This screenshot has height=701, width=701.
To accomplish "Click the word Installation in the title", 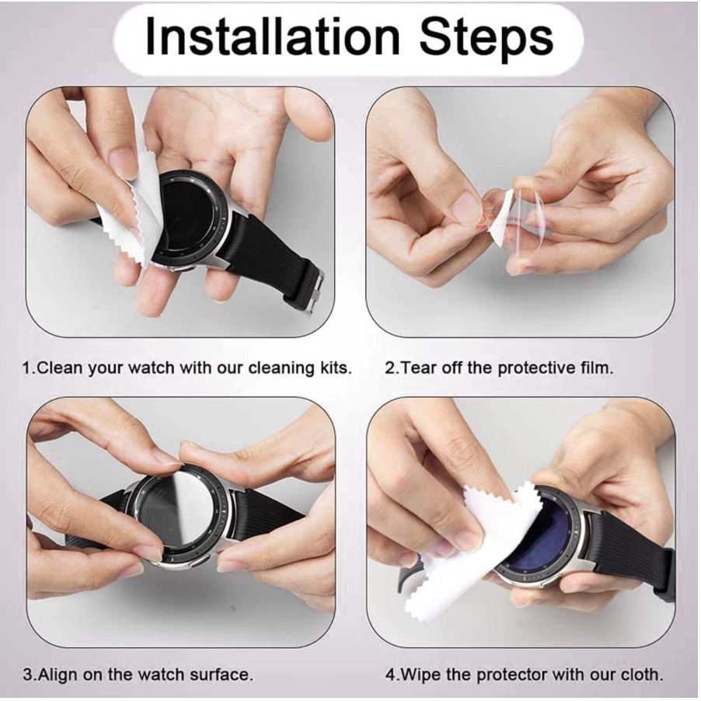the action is [271, 37].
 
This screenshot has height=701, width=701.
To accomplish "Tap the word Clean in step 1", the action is [61, 368].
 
